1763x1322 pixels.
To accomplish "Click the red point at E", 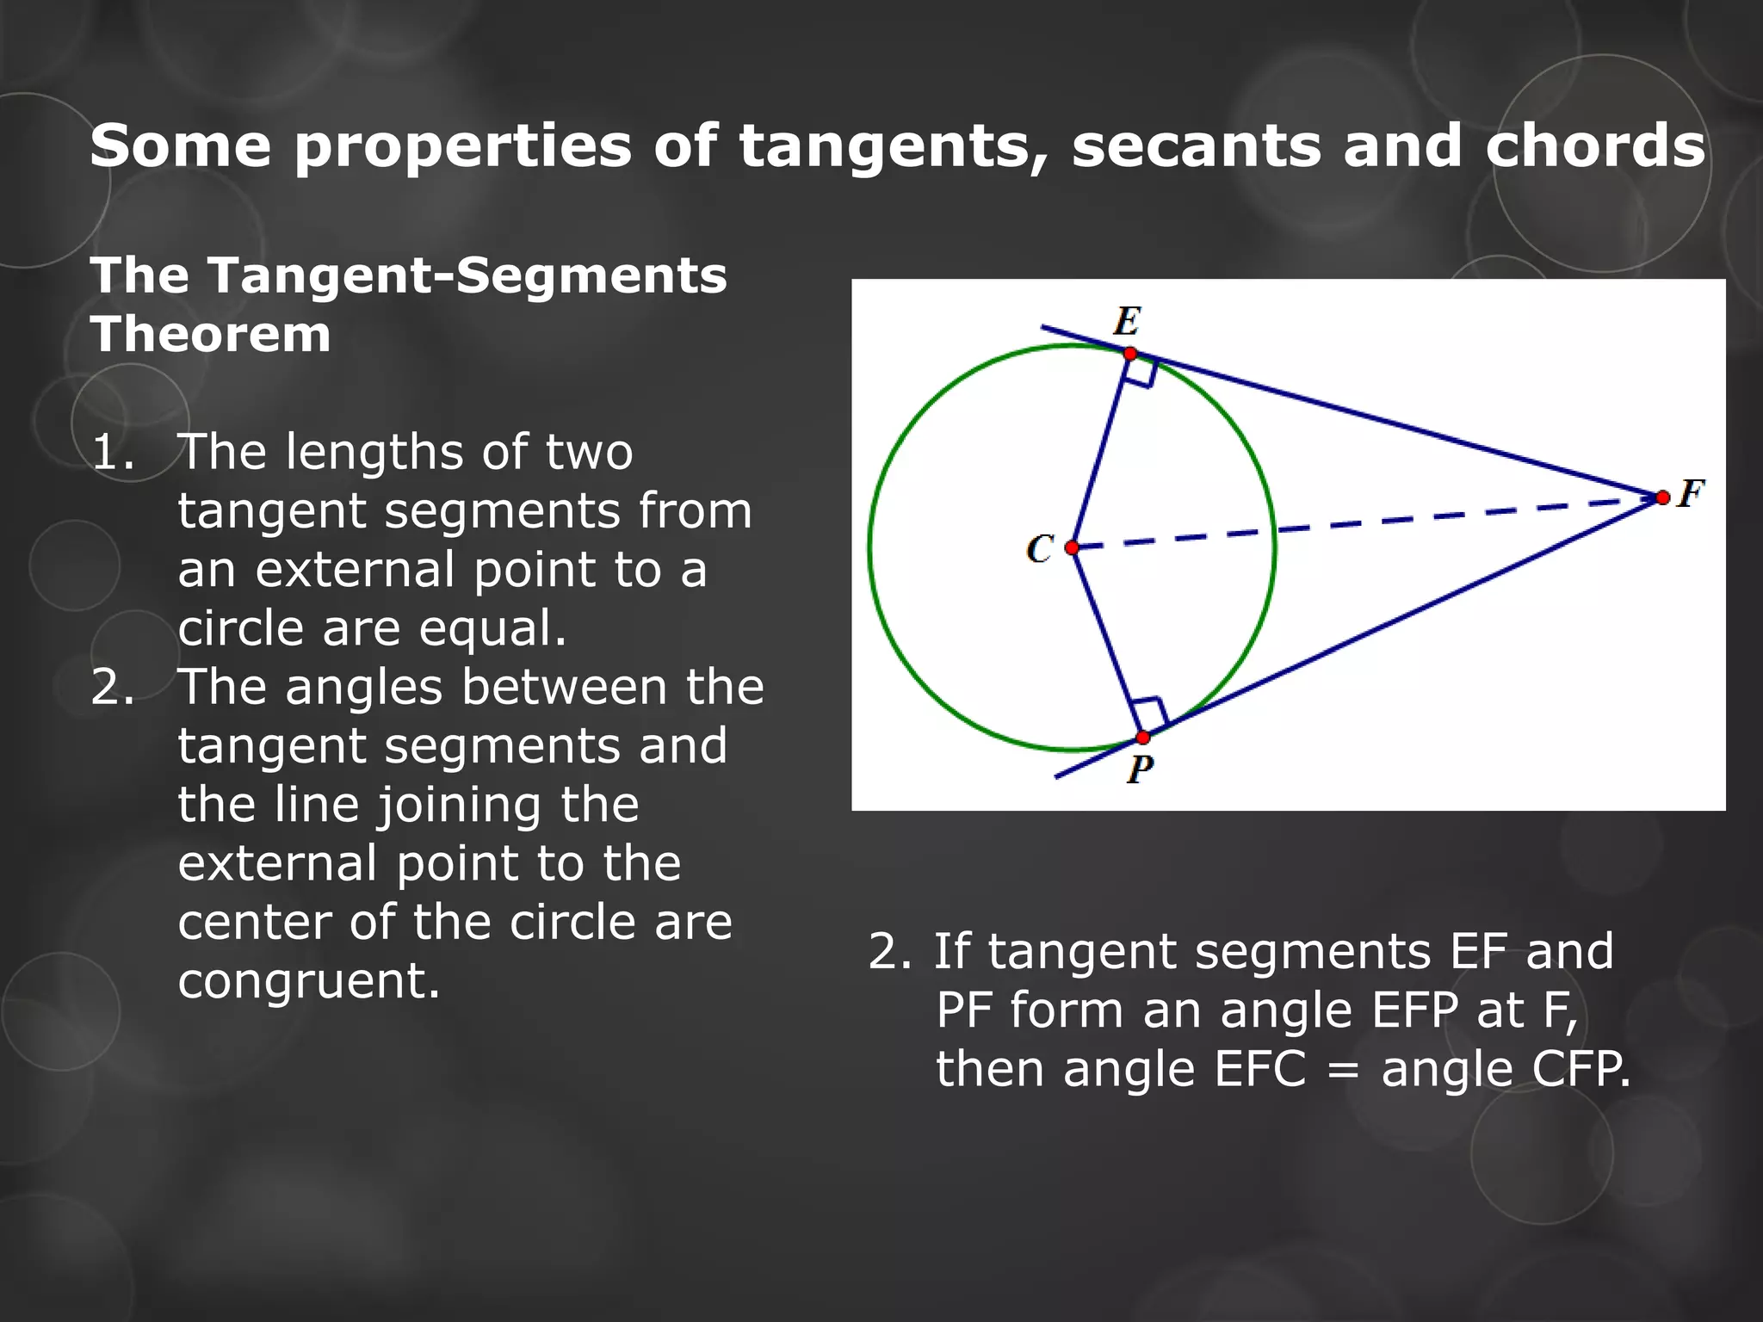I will coord(1130,354).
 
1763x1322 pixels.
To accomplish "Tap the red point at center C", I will coord(1072,547).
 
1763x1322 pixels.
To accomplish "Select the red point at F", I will coord(1662,497).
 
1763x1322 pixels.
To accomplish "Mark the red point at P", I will coord(1143,738).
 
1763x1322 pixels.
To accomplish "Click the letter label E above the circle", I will coord(1127,322).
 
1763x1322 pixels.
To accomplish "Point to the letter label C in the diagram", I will coord(1040,548).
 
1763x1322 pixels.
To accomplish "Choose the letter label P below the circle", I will coord(1140,769).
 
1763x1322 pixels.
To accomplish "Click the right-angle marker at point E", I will coord(1141,373).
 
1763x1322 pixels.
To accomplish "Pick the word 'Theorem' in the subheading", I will coord(211,334).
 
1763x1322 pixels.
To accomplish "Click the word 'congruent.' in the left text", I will coord(309,980).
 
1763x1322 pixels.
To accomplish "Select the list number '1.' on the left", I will coord(113,452).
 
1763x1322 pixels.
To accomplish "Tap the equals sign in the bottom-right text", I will coord(1343,1070).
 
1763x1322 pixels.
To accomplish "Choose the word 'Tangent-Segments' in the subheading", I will coord(468,275).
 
